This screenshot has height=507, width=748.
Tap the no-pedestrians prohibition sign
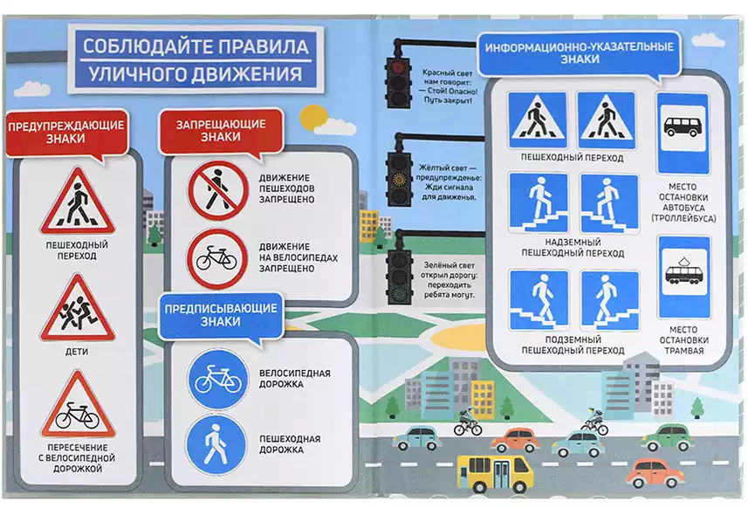coord(218,190)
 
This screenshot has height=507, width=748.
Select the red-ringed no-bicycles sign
coord(217,259)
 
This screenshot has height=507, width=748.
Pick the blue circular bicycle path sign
coord(218,380)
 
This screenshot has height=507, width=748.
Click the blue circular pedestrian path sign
coord(216,444)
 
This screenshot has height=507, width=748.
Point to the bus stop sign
coord(683,134)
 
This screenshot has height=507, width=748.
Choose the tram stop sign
coord(684,277)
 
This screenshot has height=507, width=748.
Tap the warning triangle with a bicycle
coord(78,408)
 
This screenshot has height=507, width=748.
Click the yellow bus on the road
coord(495,473)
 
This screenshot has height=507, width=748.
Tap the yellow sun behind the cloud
coord(312,117)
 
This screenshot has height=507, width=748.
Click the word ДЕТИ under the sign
coord(77,352)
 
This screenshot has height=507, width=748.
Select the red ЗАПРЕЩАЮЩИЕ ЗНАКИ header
coord(221,130)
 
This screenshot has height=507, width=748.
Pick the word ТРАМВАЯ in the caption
coord(683,351)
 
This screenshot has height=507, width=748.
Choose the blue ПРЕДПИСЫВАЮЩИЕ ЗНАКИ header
coord(221,315)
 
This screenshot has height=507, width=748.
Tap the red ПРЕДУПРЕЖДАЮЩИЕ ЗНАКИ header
coord(66,132)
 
